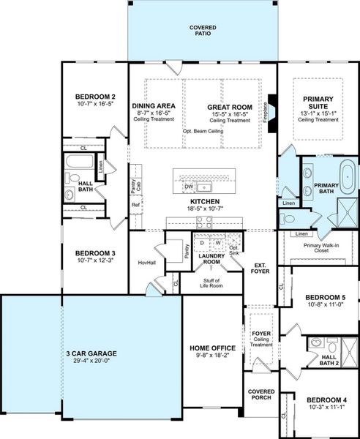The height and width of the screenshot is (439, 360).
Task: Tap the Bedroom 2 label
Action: coord(96,97)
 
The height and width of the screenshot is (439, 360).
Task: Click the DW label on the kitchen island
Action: coord(179,187)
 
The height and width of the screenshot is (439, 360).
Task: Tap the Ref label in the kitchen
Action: coord(135,206)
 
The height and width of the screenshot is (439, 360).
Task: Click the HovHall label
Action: coord(147,262)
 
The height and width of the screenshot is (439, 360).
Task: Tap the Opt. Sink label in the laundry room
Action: coord(233,250)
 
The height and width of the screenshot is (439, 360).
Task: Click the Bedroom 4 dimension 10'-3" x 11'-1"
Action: coord(320,406)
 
